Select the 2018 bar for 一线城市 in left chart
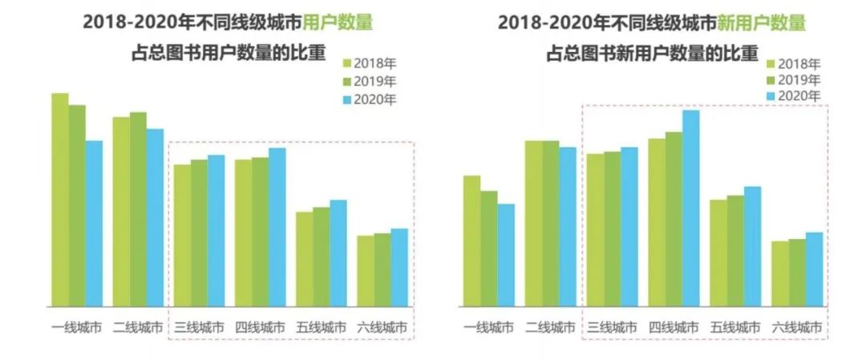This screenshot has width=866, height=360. tap(60, 200)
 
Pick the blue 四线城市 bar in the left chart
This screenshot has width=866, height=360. tap(277, 227)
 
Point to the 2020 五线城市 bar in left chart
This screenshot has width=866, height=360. tap(338, 253)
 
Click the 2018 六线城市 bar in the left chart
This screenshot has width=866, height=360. tap(365, 270)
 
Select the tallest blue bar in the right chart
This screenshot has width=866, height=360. tap(690, 208)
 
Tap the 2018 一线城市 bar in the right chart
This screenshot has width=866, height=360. tap(471, 241)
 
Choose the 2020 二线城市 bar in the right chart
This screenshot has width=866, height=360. tap(567, 226)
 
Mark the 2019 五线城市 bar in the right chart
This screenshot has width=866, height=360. tap(735, 250)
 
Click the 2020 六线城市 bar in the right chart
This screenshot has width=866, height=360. tap(814, 269)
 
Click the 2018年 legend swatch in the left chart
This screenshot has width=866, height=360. tap(347, 63)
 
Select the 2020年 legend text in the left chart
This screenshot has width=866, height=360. tap(377, 99)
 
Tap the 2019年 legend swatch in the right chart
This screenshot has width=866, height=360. tap(771, 80)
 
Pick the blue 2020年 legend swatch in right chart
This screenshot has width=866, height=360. tap(771, 96)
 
